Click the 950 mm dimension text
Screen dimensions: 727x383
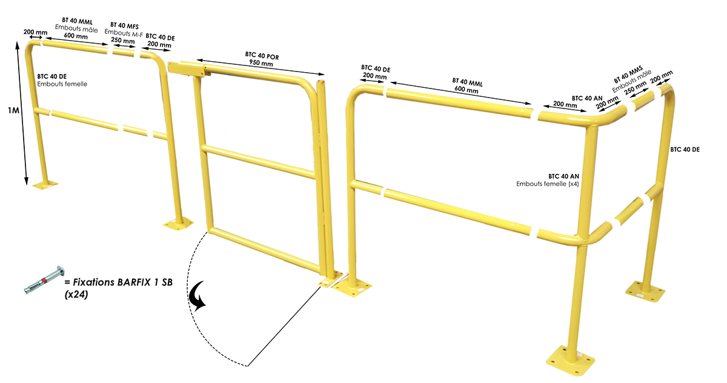tap(261, 62)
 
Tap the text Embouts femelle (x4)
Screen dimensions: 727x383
tap(548, 184)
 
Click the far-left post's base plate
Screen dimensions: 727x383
tap(44, 183)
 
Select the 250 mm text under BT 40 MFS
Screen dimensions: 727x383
tap(122, 41)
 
